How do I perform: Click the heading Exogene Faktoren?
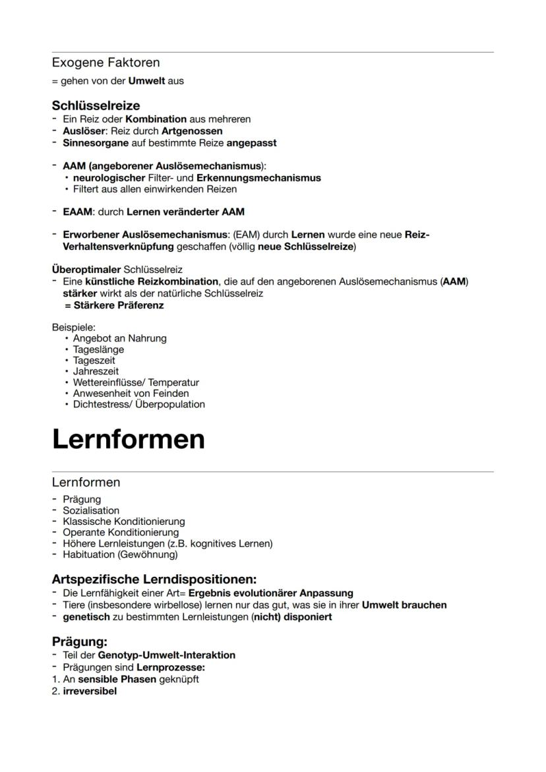pyautogui.click(x=106, y=63)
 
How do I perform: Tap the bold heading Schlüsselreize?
pyautogui.click(x=96, y=105)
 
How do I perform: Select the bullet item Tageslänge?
pyautogui.click(x=98, y=349)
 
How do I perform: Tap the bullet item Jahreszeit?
pyautogui.click(x=96, y=371)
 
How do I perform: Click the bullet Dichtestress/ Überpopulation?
pyautogui.click(x=138, y=404)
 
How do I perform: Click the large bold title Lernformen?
pyautogui.click(x=128, y=439)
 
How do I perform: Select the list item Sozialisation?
pyautogui.click(x=91, y=510)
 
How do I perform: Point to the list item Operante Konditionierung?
pyautogui.click(x=121, y=532)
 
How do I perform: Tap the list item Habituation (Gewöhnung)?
pyautogui.click(x=120, y=554)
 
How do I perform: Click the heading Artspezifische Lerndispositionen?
pyautogui.click(x=154, y=579)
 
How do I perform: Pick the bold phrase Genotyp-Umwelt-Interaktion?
pyautogui.click(x=166, y=655)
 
